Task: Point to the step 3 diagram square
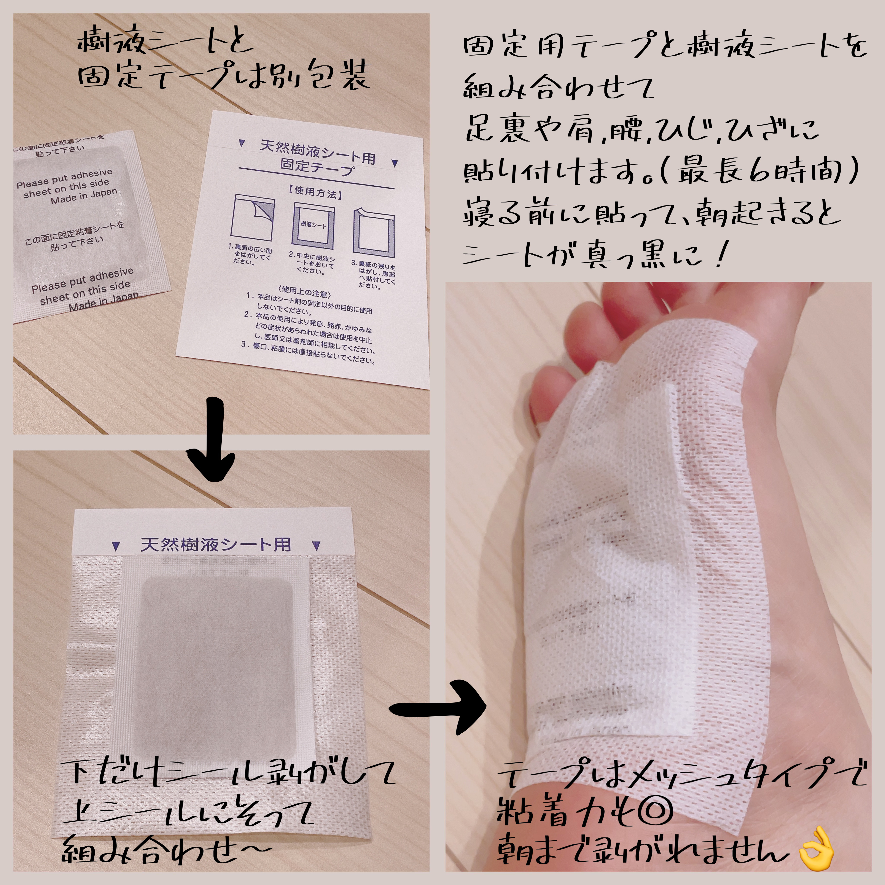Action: [x=373, y=234]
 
